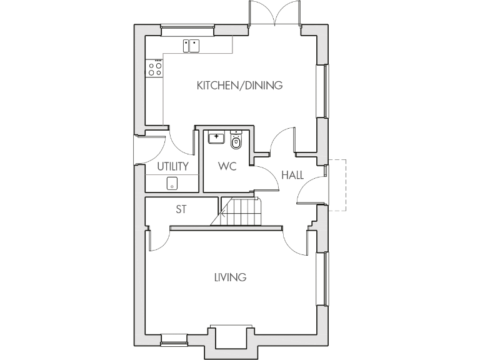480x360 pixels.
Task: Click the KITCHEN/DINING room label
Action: (x=239, y=85)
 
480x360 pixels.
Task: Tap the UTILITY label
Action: (x=172, y=166)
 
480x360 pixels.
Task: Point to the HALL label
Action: (x=292, y=175)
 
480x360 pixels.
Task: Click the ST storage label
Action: (x=181, y=209)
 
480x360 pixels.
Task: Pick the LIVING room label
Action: (x=230, y=277)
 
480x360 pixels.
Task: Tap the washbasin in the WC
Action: (x=217, y=136)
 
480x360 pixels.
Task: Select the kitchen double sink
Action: (x=191, y=46)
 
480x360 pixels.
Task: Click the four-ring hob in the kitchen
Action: (x=154, y=68)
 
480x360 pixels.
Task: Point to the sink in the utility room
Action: (x=172, y=183)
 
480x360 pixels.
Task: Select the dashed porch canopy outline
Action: (x=337, y=184)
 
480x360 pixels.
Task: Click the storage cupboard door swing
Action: (x=159, y=241)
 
